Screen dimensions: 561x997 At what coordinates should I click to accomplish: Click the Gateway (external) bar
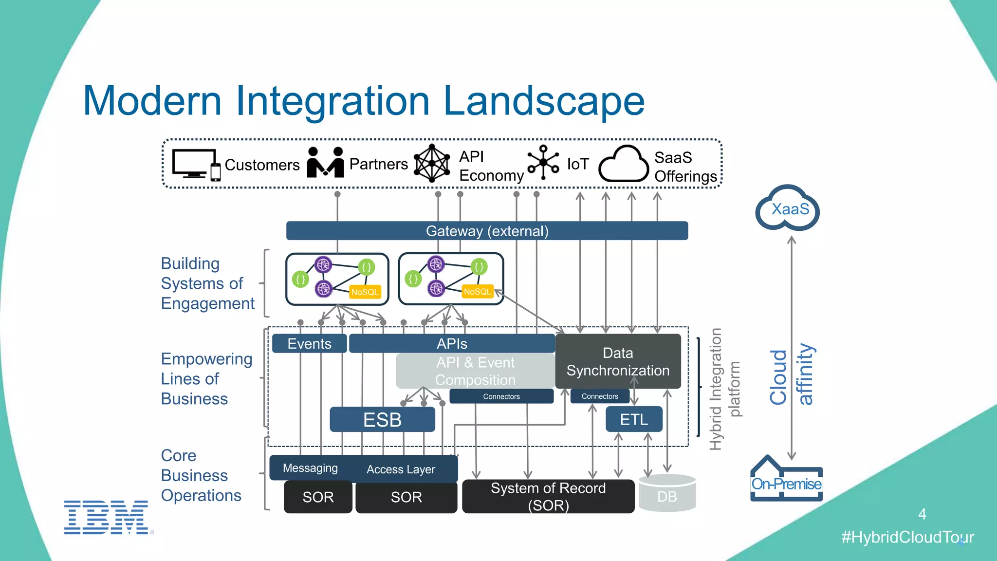click(487, 231)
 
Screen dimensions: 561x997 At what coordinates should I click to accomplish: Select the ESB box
click(382, 420)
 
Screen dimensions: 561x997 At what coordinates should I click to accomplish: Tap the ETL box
click(634, 419)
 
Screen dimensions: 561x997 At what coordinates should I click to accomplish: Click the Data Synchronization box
click(618, 361)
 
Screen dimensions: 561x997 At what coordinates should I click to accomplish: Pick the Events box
click(309, 343)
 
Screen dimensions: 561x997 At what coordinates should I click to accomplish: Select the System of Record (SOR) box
click(548, 496)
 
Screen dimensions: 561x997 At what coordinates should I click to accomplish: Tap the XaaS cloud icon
click(788, 209)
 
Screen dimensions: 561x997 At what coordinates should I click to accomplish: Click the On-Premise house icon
click(786, 480)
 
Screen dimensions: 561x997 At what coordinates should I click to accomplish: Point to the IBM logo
click(106, 517)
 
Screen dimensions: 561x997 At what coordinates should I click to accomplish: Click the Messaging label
click(310, 468)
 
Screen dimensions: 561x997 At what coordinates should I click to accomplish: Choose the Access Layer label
click(401, 469)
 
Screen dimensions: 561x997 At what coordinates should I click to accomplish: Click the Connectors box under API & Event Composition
click(501, 396)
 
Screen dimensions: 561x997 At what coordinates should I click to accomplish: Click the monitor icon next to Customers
click(194, 164)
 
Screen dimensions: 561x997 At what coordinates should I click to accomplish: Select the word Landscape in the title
click(543, 101)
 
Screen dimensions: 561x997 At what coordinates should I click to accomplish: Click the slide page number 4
click(922, 514)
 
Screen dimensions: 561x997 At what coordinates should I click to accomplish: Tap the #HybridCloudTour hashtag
click(907, 537)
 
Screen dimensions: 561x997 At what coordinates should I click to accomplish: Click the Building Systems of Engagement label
click(207, 283)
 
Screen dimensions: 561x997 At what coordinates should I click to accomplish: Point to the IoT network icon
click(543, 163)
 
